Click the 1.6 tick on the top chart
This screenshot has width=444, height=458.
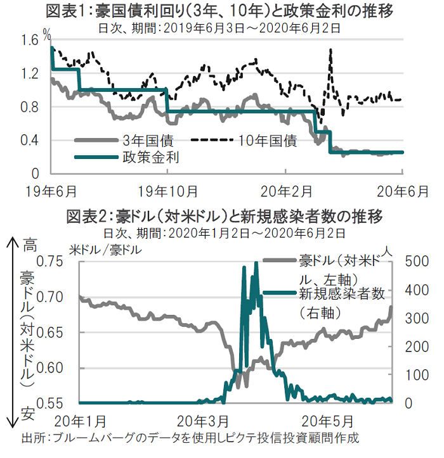[x=29, y=41]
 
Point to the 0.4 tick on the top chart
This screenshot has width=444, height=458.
[x=29, y=140]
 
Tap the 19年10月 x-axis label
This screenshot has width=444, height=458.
[x=167, y=189]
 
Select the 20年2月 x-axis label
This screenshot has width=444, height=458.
[x=286, y=189]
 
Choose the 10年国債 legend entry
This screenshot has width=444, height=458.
[x=268, y=141]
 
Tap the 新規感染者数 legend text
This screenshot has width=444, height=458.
[x=343, y=293]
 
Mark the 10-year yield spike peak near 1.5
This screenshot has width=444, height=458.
[x=330, y=49]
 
